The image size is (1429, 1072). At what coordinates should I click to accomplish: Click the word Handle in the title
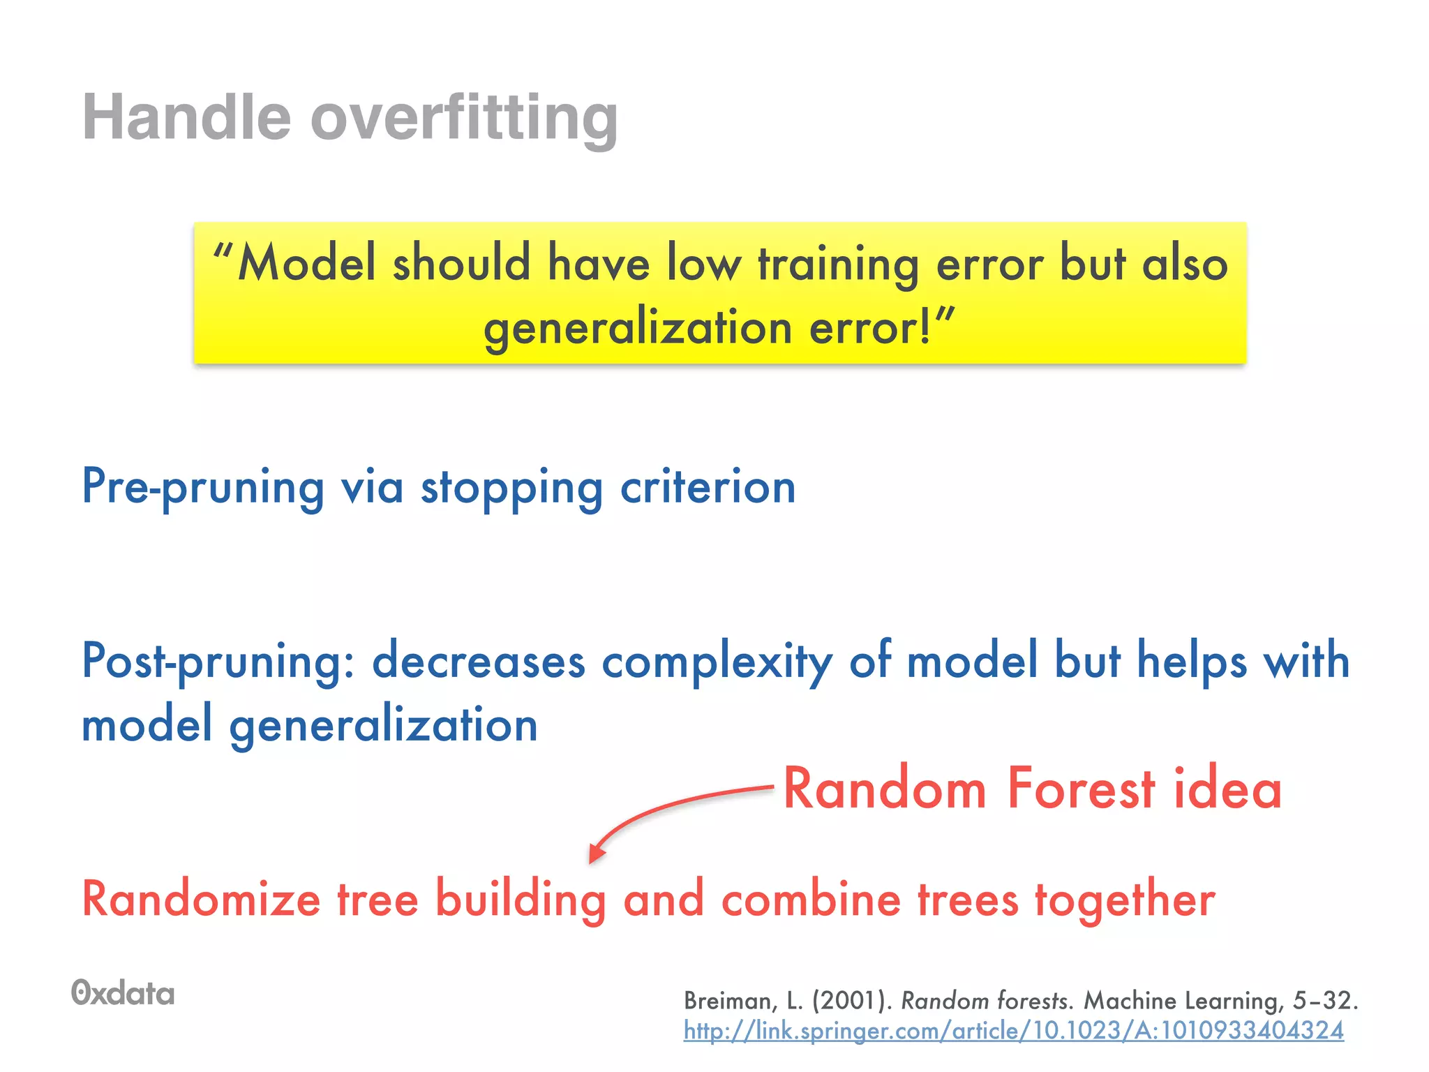click(186, 117)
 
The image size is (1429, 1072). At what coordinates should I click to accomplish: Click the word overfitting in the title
click(464, 117)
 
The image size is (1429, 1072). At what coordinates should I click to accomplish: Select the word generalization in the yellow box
click(638, 328)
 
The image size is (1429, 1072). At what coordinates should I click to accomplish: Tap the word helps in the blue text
click(1191, 661)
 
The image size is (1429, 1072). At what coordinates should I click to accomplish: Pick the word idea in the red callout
click(1228, 789)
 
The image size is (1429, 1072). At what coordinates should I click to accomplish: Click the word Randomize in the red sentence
click(201, 899)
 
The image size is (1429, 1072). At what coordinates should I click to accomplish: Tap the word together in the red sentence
click(1124, 899)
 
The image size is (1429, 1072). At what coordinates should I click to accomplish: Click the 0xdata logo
click(123, 993)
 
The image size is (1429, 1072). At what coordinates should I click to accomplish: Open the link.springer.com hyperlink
click(1013, 1031)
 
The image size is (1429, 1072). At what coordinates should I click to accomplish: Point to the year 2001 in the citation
click(852, 1001)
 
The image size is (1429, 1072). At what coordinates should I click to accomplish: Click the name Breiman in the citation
click(728, 1001)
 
